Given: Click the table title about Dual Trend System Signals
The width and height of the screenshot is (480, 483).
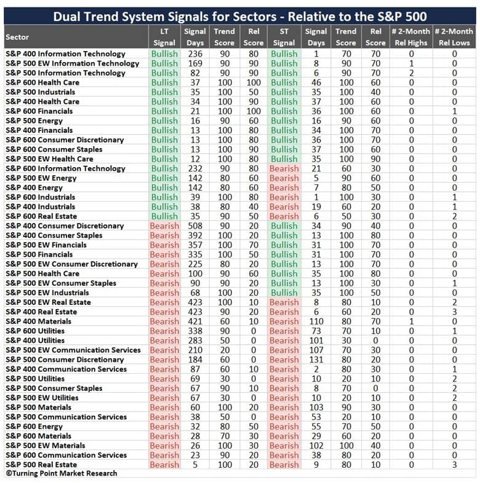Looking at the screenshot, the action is pyautogui.click(x=240, y=17).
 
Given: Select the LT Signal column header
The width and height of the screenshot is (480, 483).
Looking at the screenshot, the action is pyautogui.click(x=164, y=37).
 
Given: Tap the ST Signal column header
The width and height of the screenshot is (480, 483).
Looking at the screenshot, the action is pyautogui.click(x=284, y=37).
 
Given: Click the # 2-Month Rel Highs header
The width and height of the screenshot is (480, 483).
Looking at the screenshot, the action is pyautogui.click(x=411, y=37).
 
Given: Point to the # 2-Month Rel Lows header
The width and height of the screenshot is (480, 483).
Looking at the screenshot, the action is pyautogui.click(x=454, y=37).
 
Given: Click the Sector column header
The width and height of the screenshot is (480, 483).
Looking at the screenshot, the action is pyautogui.click(x=17, y=37).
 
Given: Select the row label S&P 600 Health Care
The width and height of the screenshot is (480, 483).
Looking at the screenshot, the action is pyautogui.click(x=42, y=82).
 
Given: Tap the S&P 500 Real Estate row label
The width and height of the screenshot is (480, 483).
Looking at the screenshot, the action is pyautogui.click(x=41, y=465).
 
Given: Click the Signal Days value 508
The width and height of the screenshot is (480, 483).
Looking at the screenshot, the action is pyautogui.click(x=195, y=226).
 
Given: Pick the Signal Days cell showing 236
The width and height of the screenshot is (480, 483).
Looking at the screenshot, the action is pyautogui.click(x=195, y=54).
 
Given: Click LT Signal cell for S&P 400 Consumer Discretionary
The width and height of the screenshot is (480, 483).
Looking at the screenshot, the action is pyautogui.click(x=164, y=226).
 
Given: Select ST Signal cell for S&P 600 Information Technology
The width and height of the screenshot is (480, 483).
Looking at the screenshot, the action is pyautogui.click(x=284, y=168).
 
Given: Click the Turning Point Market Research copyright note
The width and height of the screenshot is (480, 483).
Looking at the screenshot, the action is pyautogui.click(x=62, y=473).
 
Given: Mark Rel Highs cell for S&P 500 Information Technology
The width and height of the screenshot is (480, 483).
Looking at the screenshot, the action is pyautogui.click(x=411, y=73).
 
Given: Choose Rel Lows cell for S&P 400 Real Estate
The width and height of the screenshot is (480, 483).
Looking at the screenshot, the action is pyautogui.click(x=454, y=312).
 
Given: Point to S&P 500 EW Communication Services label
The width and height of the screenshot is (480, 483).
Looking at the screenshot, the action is pyautogui.click(x=73, y=350).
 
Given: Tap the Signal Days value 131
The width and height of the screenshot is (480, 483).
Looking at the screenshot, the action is pyautogui.click(x=316, y=359).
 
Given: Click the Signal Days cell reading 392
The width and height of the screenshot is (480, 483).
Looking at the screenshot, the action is pyautogui.click(x=195, y=235).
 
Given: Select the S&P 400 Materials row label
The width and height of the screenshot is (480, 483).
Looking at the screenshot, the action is pyautogui.click(x=39, y=321).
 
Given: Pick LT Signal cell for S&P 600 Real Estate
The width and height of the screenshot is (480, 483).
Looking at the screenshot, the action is pyautogui.click(x=164, y=216).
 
